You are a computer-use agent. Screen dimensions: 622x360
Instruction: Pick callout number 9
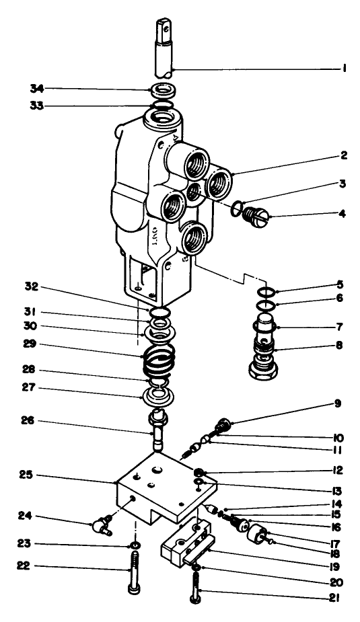pyautogui.click(x=335, y=404)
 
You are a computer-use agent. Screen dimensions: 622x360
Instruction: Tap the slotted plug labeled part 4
pyautogui.click(x=254, y=216)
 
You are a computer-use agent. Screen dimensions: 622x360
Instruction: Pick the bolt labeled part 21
pyautogui.click(x=194, y=592)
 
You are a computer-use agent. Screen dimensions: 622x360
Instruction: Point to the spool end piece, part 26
pyautogui.click(x=158, y=428)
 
